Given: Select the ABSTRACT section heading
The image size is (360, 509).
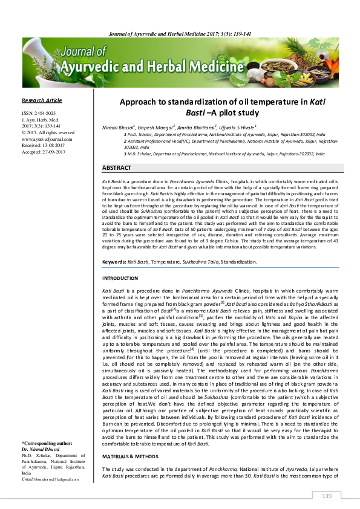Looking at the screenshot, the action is [x=117, y=167].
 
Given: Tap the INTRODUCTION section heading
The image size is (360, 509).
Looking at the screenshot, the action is [x=120, y=278].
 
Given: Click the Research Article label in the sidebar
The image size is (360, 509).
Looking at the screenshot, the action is [x=42, y=100].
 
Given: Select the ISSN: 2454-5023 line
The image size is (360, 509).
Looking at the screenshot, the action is [x=39, y=113].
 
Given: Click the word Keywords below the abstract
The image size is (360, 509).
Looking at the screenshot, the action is [x=114, y=262].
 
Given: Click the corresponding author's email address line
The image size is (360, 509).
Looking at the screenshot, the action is [x=50, y=496].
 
